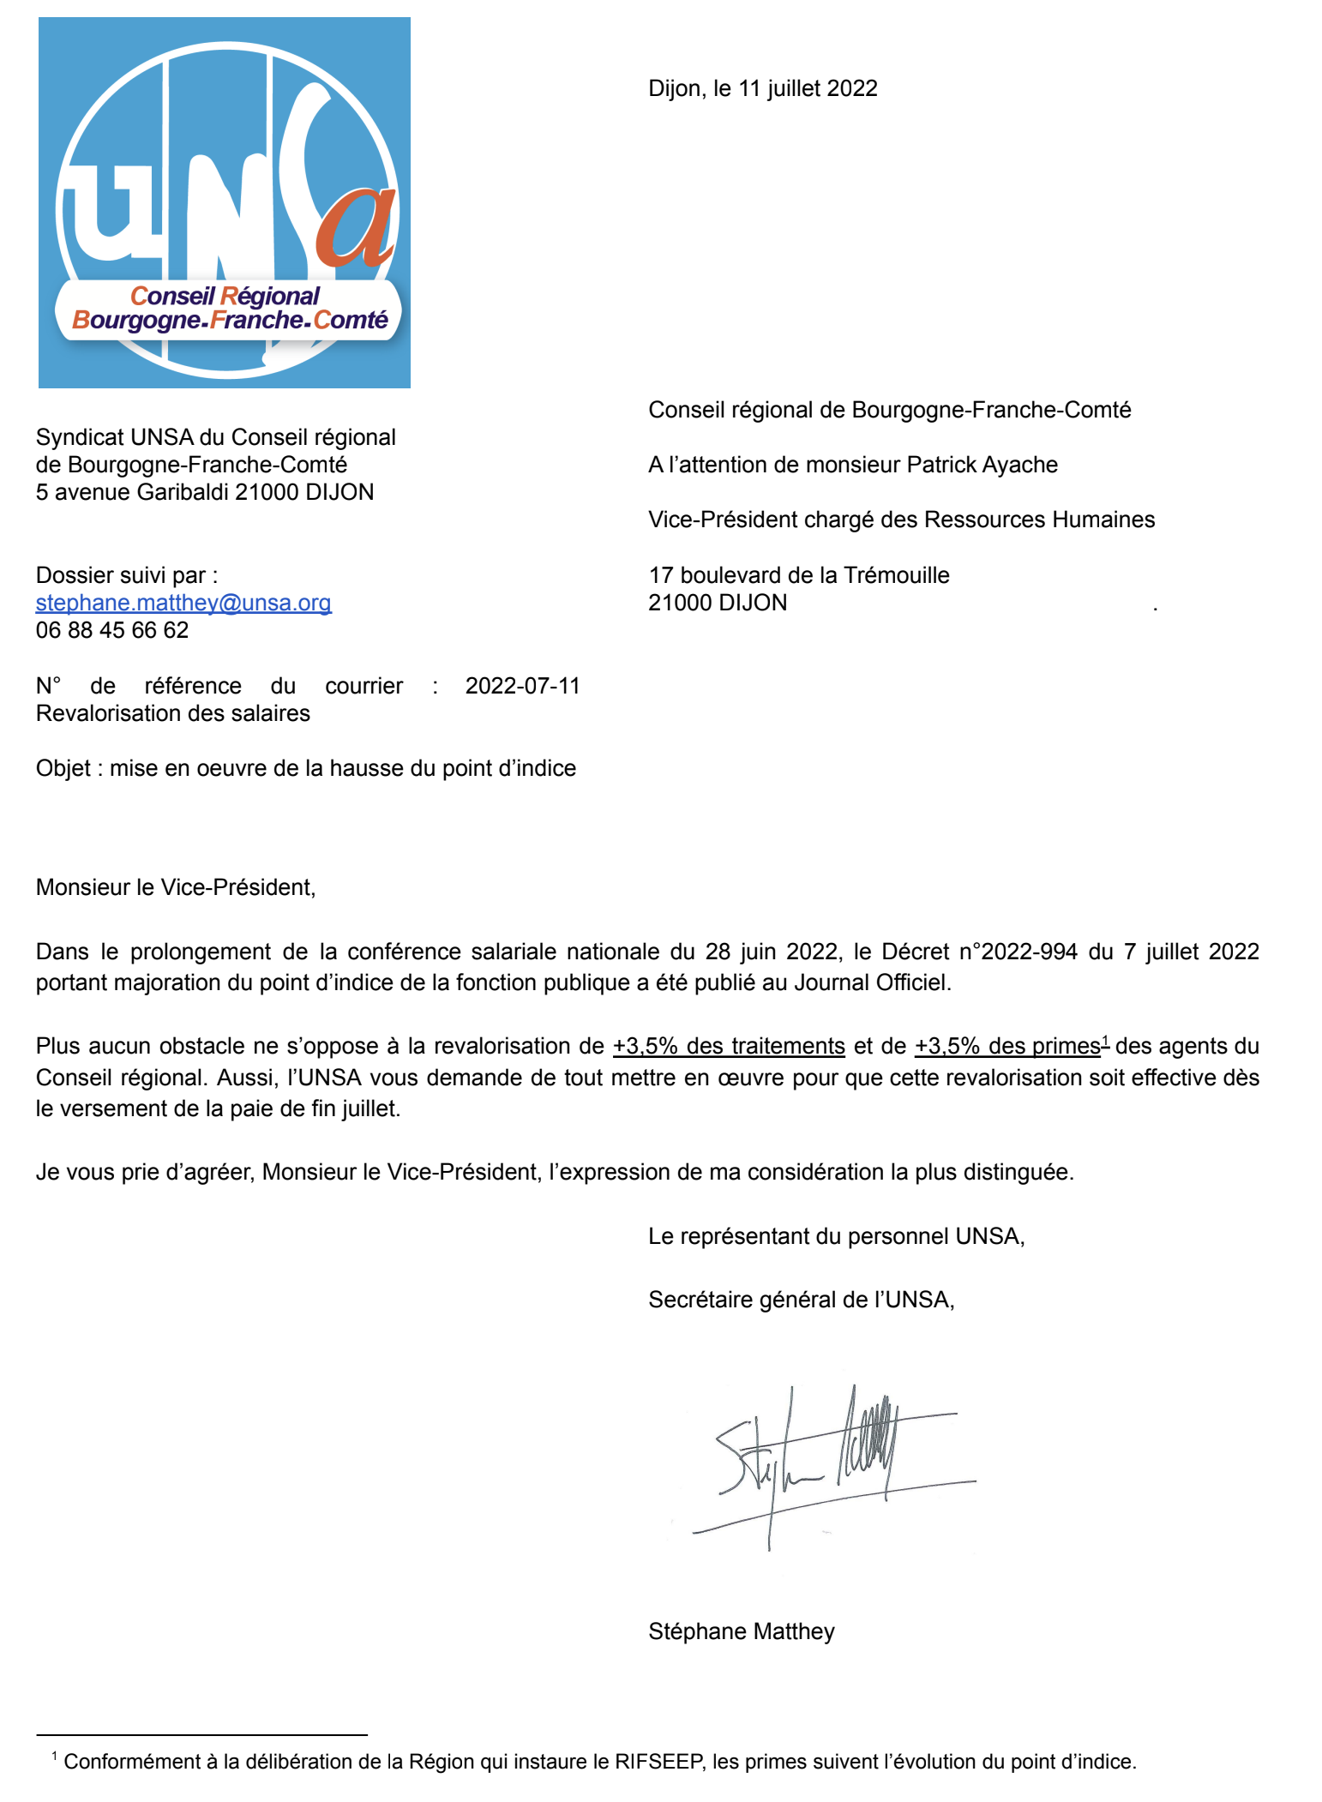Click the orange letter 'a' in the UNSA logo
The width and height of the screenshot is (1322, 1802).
356,227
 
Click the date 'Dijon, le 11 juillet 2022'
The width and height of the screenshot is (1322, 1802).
762,89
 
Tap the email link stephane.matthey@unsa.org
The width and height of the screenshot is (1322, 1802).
183,603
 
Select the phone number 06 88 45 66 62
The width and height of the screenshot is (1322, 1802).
112,631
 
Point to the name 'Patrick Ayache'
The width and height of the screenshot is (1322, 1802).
982,465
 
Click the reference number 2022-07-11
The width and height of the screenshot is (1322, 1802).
522,686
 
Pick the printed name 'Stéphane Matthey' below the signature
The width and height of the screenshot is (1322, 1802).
741,1631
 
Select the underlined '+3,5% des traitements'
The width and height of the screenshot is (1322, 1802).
729,1047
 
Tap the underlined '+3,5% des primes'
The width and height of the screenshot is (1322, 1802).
1007,1047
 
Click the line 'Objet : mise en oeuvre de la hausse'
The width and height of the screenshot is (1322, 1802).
305,769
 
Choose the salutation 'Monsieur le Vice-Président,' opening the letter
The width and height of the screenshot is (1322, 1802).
176,887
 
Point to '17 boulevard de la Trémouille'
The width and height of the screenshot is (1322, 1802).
798,575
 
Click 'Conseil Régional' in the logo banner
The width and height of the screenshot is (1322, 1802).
225,297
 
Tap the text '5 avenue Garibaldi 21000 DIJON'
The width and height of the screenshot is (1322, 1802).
205,493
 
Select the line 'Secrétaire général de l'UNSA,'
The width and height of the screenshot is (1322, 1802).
801,1300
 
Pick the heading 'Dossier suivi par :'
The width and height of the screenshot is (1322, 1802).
127,575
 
